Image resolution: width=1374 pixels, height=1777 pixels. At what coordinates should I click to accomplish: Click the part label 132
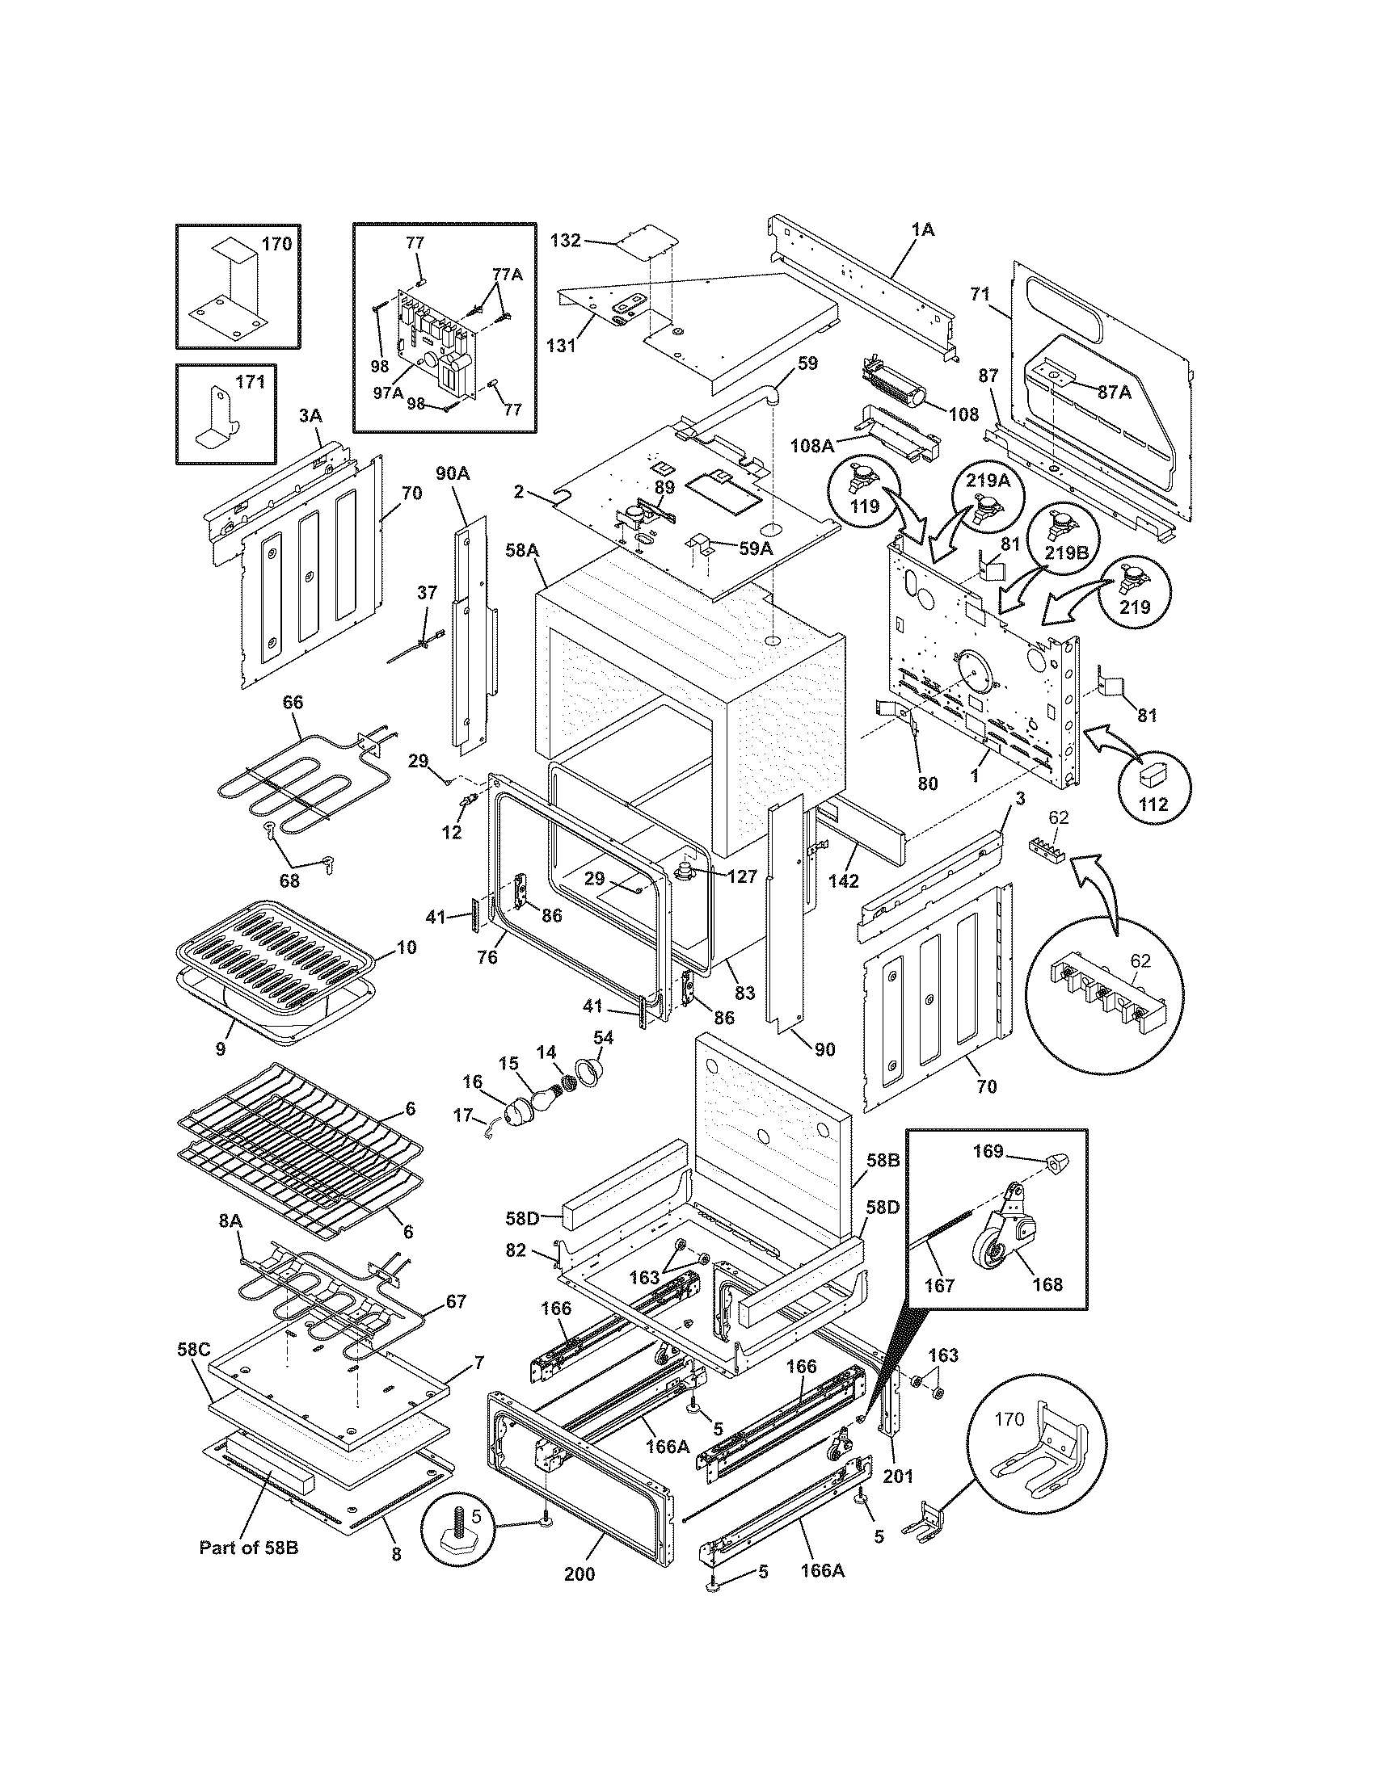(x=564, y=240)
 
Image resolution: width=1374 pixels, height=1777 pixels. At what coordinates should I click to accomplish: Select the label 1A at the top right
(x=922, y=230)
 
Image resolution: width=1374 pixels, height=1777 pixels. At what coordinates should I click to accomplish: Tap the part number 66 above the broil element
(x=293, y=700)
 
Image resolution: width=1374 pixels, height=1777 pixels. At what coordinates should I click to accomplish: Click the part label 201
(x=898, y=1473)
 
